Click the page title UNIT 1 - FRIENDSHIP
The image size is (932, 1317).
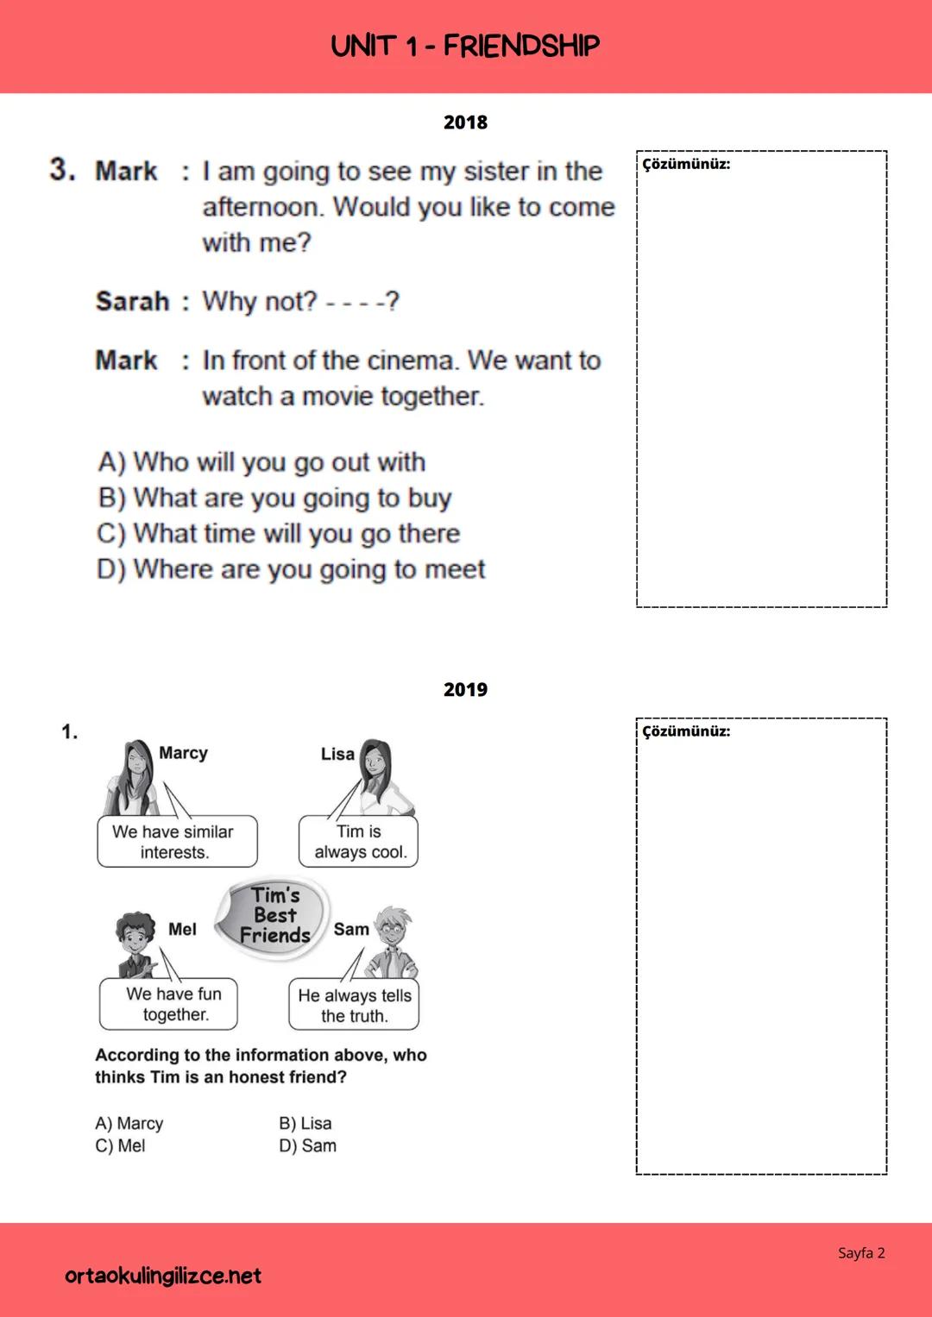465,46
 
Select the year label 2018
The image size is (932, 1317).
465,122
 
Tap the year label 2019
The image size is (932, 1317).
465,690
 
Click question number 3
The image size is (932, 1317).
62,169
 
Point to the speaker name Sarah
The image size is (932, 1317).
132,302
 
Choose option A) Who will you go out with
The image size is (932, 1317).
261,462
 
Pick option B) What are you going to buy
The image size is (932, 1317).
274,498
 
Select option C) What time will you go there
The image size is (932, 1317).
278,534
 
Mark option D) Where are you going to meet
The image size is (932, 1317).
291,569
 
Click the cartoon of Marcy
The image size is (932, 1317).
132,776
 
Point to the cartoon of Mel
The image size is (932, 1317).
135,944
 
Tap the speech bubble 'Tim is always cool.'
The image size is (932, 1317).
358,842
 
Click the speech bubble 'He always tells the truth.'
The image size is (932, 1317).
354,1005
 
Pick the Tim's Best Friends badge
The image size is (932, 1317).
274,916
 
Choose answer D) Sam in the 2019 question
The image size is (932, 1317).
307,1146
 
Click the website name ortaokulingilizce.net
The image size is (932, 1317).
163,1276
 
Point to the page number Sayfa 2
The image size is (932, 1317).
861,1253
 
